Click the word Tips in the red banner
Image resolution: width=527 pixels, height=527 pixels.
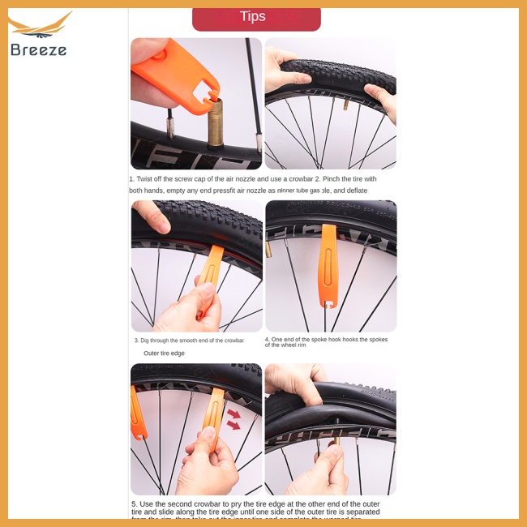pos(253,17)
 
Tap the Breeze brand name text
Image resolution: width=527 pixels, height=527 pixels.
pos(39,50)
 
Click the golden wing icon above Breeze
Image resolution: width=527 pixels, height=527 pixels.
pos(41,26)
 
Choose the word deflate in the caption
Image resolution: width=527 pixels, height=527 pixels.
pos(356,191)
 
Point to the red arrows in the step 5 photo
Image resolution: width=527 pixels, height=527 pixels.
pos(234,419)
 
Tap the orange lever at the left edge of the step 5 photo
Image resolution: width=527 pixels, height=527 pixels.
pos(137,413)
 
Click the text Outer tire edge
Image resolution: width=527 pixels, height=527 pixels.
pos(164,353)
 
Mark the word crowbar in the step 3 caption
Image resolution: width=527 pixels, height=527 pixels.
pos(232,341)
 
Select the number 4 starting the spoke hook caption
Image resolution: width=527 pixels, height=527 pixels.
pos(267,340)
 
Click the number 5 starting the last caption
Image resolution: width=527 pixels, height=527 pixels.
pos(134,503)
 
